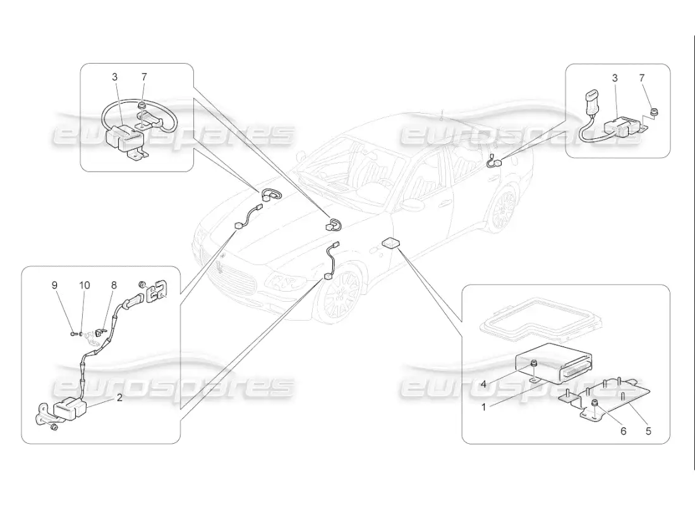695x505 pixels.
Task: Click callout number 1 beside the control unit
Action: pyautogui.click(x=483, y=407)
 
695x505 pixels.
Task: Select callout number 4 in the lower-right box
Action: pyautogui.click(x=483, y=384)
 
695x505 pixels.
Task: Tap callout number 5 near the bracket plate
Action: pyautogui.click(x=648, y=431)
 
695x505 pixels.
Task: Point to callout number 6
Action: pyautogui.click(x=623, y=431)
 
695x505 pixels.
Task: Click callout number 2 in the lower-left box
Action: pyautogui.click(x=119, y=397)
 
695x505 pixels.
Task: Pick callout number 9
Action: pyautogui.click(x=54, y=285)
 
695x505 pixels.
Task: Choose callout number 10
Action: pyautogui.click(x=84, y=285)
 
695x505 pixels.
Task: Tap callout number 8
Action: pyautogui.click(x=114, y=285)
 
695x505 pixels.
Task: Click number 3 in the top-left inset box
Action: pyautogui.click(x=115, y=76)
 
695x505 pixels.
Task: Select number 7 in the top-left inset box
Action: pyautogui.click(x=144, y=76)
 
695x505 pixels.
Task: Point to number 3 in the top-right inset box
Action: pyautogui.click(x=615, y=78)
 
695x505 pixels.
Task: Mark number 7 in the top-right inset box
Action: pyautogui.click(x=642, y=78)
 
